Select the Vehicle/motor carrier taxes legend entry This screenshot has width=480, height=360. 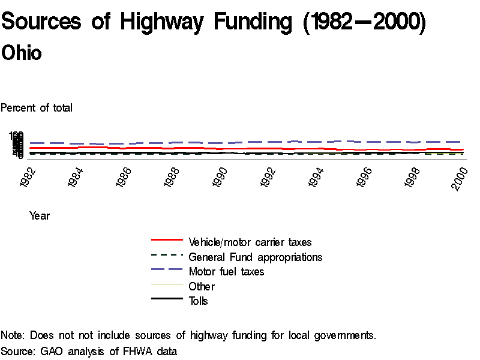click(250, 242)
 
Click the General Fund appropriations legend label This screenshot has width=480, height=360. click(255, 257)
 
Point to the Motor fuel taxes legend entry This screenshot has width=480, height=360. click(226, 272)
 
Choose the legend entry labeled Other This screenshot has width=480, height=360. click(201, 286)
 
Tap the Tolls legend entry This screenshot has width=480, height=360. click(198, 301)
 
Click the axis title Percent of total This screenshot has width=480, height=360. click(37, 108)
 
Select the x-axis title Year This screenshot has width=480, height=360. click(40, 216)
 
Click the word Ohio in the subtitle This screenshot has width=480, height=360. click(22, 53)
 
